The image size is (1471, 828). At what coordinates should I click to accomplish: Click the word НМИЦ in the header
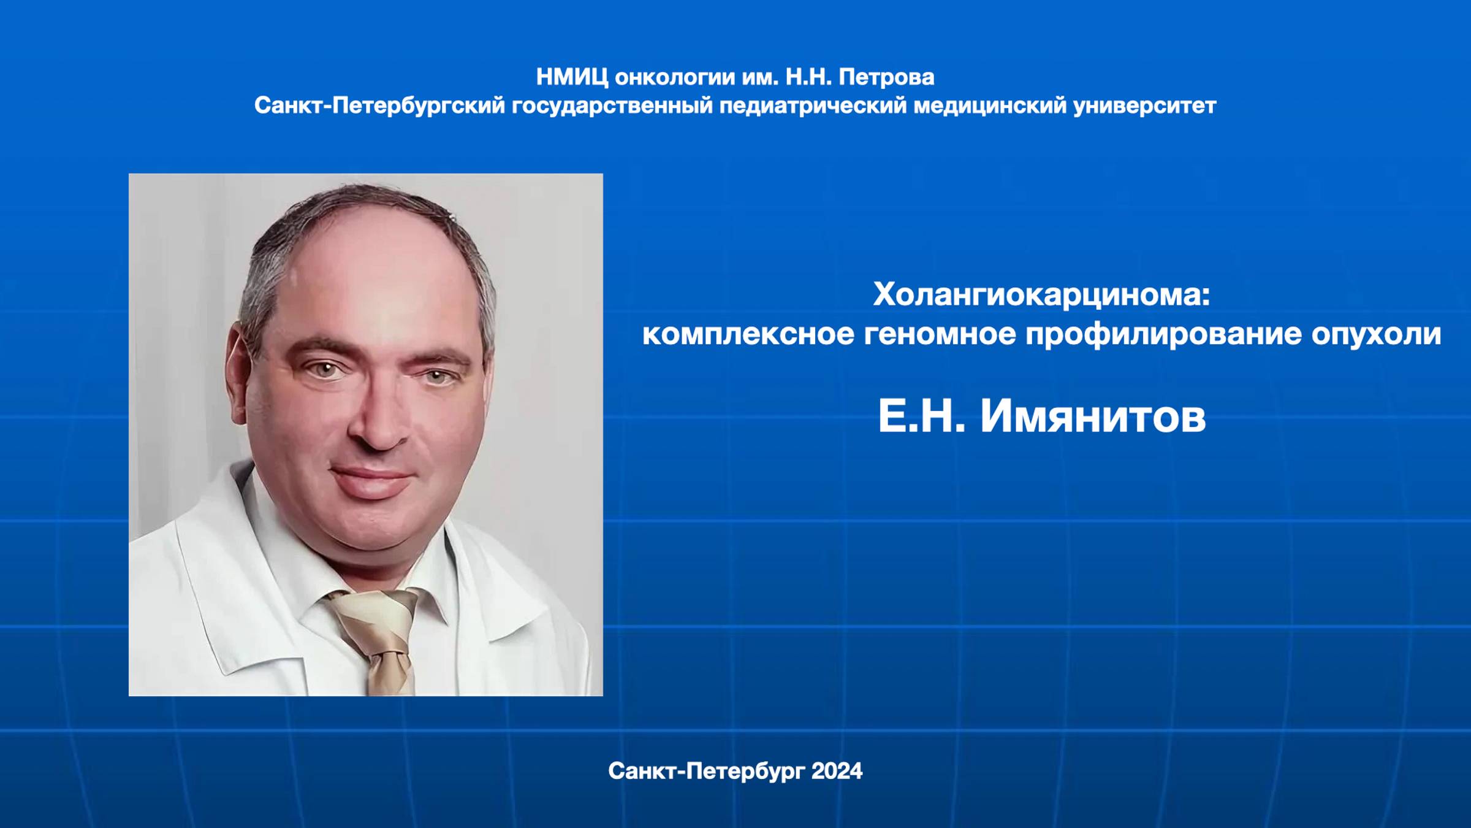(572, 77)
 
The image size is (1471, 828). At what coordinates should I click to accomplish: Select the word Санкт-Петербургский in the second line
(379, 106)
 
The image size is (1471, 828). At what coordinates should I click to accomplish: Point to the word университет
(1144, 106)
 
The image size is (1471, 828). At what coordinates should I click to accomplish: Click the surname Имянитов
(1093, 417)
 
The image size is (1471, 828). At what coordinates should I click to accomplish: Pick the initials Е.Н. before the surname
(921, 417)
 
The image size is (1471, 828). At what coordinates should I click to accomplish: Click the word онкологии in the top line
(675, 77)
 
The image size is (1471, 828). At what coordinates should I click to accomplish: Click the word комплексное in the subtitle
(748, 334)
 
